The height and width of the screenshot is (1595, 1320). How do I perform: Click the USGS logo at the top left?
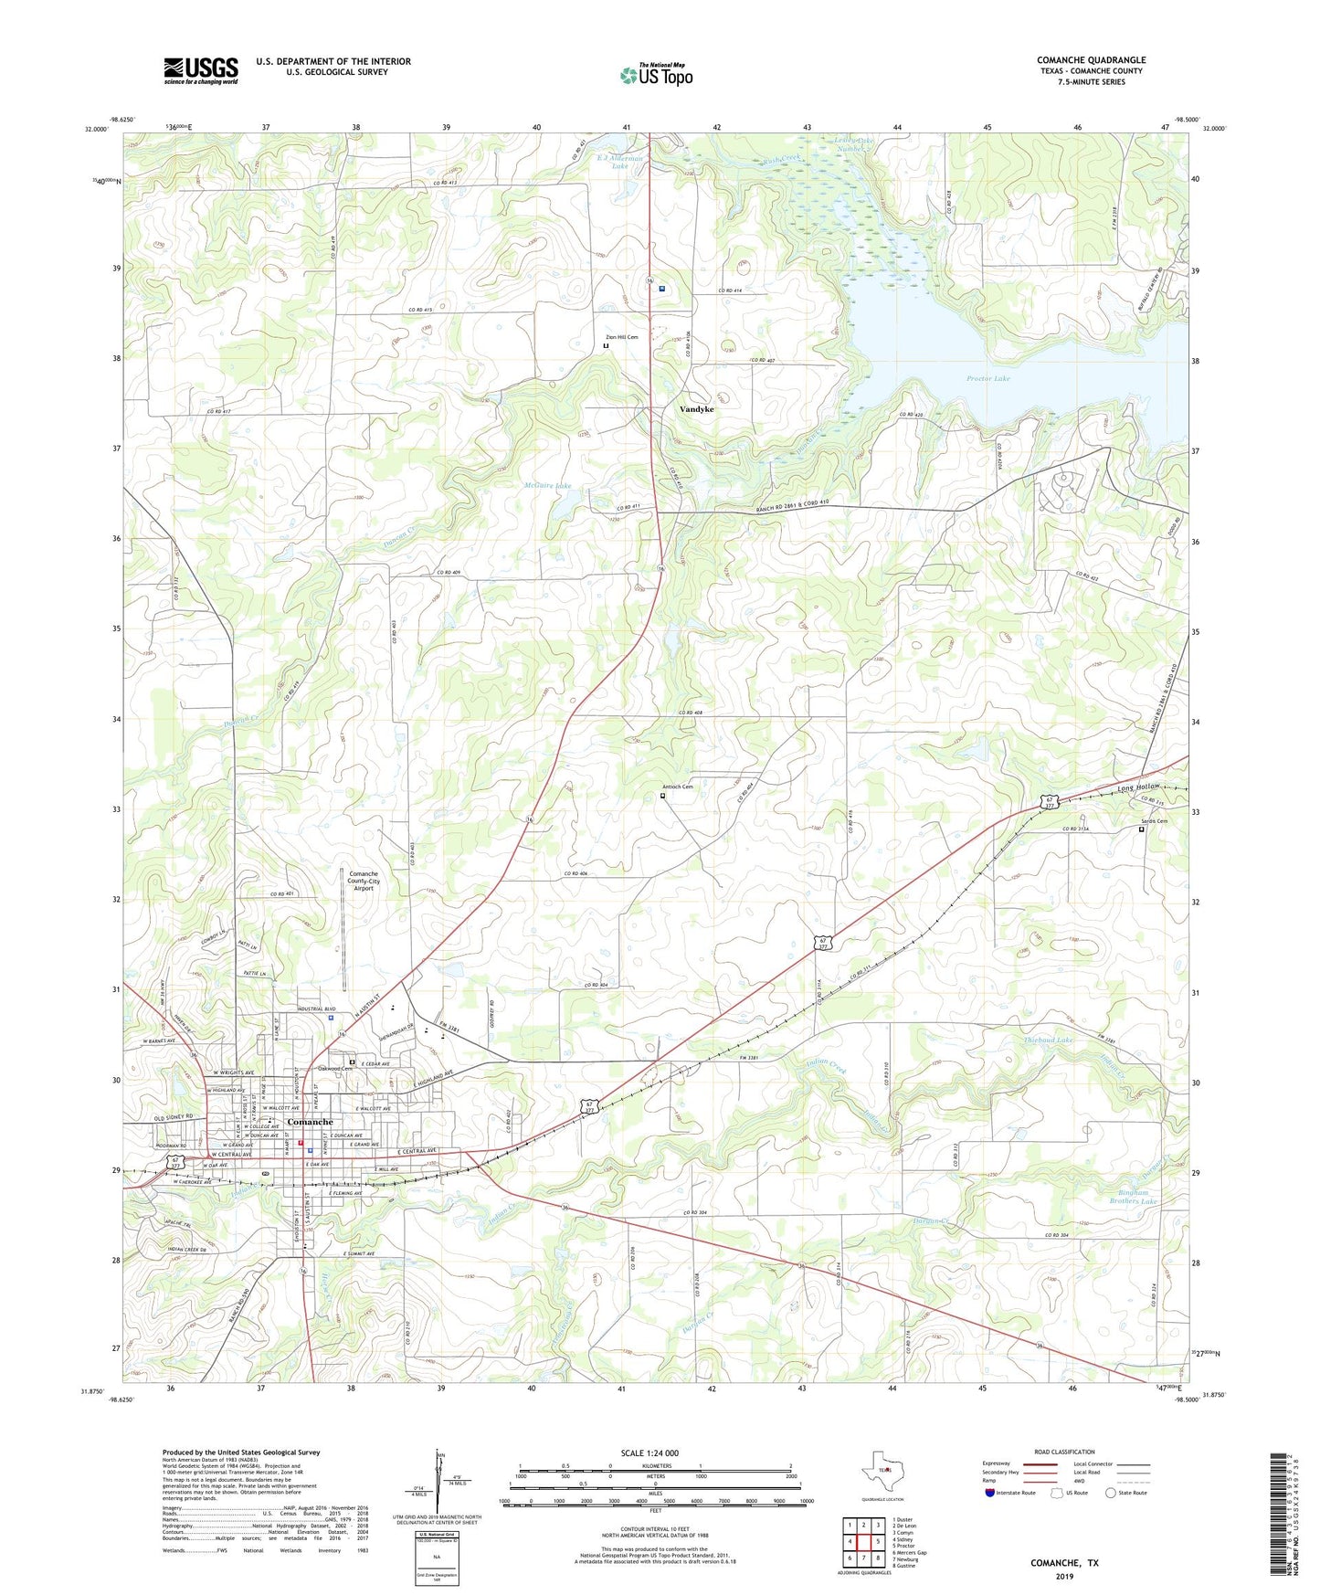(200, 70)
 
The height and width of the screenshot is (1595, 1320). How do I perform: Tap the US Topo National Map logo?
(656, 75)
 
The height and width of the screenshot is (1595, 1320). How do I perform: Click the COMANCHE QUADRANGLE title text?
(1091, 60)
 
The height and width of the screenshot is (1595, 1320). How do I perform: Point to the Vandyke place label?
(697, 409)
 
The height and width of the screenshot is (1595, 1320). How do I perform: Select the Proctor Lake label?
(987, 378)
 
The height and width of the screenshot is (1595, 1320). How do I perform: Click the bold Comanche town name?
(310, 1122)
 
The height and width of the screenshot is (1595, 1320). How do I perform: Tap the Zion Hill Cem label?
(620, 338)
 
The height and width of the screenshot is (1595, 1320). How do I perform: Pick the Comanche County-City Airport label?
(364, 881)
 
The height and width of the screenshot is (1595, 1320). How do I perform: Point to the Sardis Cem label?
(1154, 821)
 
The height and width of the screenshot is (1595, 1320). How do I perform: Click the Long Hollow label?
(1138, 787)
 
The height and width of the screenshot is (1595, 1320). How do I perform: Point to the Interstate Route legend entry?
(1012, 1493)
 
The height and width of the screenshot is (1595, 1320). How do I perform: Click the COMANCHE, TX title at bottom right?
(1064, 1563)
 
